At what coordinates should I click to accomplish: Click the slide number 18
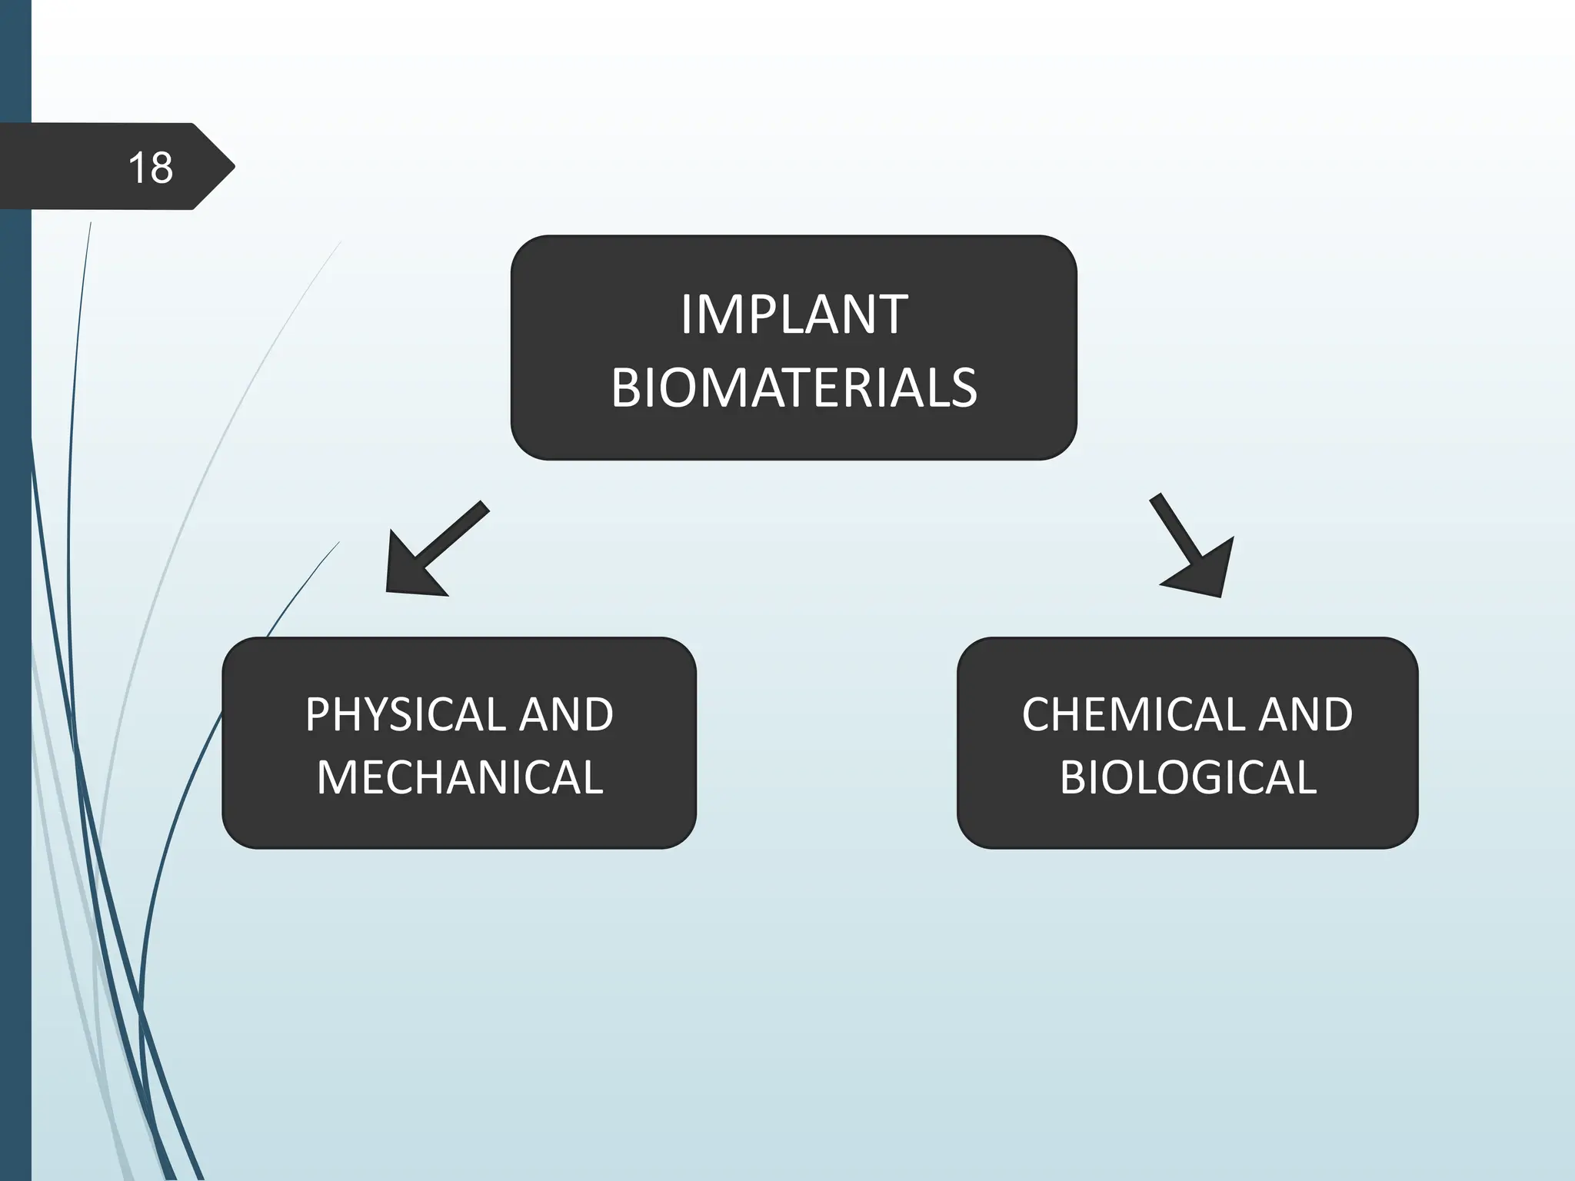pos(151,168)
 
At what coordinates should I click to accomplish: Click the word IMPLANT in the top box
pos(794,314)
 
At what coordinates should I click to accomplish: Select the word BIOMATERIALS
pos(794,387)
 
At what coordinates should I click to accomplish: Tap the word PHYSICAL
pos(405,714)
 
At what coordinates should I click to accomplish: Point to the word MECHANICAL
pos(460,777)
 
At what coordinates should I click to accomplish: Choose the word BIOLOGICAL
pos(1188,777)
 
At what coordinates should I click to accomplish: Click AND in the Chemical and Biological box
pos(1305,714)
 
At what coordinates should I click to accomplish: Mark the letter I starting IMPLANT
pos(686,314)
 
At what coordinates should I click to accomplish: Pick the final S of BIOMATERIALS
pos(962,388)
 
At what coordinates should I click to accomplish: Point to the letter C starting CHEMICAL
pos(1037,714)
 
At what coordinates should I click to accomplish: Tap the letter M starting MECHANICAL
pos(336,777)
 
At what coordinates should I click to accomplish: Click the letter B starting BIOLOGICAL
pos(1073,777)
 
